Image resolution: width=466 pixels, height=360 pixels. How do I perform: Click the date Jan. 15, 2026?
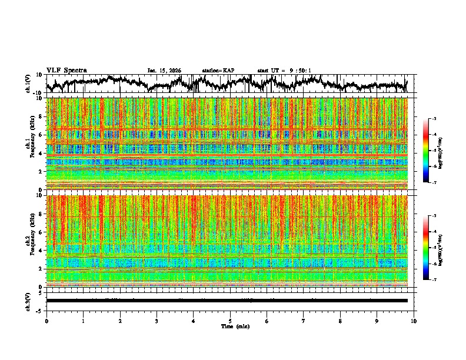pos(164,71)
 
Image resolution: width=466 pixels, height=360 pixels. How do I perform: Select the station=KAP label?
pos(218,71)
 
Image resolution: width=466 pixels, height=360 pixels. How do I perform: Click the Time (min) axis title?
pos(235,326)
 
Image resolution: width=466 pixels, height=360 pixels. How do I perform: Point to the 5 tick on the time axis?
pos(230,321)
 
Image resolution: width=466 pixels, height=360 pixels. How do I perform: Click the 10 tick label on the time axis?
pos(414,321)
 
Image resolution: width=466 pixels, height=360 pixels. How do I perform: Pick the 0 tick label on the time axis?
pos(46,321)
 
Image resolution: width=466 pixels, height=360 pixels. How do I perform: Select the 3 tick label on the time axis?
pos(157,321)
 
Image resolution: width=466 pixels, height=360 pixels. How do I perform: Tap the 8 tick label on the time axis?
pos(340,321)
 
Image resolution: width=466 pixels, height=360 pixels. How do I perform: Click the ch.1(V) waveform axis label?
pos(28,84)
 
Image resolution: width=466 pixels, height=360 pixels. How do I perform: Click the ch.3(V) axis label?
pos(28,301)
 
